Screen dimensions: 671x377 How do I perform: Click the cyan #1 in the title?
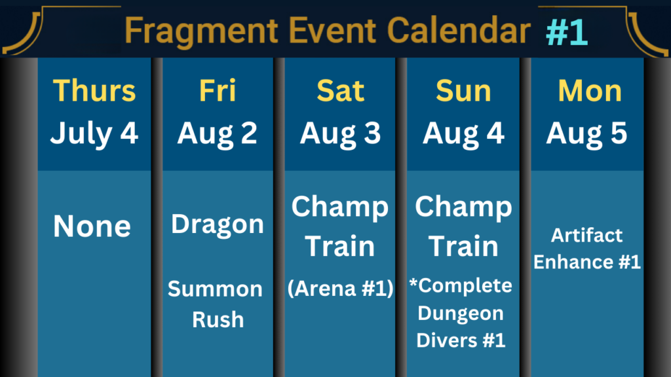(x=567, y=32)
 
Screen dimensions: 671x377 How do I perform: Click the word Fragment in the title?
(x=201, y=31)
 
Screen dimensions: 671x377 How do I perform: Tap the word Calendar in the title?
(x=459, y=30)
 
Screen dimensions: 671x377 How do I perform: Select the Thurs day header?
(x=94, y=90)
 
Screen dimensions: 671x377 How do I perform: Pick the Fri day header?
(x=218, y=90)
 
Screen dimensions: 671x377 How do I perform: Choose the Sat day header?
(x=340, y=90)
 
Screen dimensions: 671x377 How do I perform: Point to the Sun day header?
(x=463, y=90)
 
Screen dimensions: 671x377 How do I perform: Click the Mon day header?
(x=590, y=90)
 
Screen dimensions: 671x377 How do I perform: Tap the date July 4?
(x=94, y=134)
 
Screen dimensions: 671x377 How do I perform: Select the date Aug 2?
(x=218, y=134)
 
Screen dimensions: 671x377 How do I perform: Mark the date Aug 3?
(x=340, y=134)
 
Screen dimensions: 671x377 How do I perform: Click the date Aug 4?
(x=463, y=134)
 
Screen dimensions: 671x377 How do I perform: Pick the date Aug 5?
(x=586, y=134)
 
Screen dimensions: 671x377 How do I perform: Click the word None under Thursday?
(x=92, y=226)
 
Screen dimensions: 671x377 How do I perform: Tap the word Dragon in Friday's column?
(x=218, y=225)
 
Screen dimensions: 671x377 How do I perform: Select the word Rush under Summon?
(x=218, y=319)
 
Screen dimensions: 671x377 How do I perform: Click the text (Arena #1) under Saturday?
(x=340, y=289)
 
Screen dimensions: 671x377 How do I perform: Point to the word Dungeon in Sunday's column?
(x=461, y=314)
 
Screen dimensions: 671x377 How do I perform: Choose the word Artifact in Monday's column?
(x=586, y=235)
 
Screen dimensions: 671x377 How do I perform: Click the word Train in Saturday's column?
(x=340, y=246)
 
